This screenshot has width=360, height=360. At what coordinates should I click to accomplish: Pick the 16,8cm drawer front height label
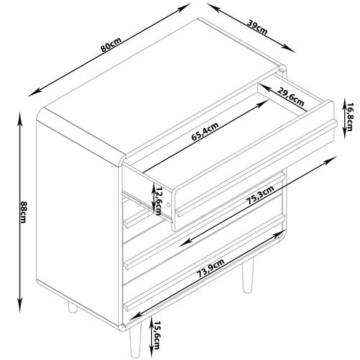[348, 114]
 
